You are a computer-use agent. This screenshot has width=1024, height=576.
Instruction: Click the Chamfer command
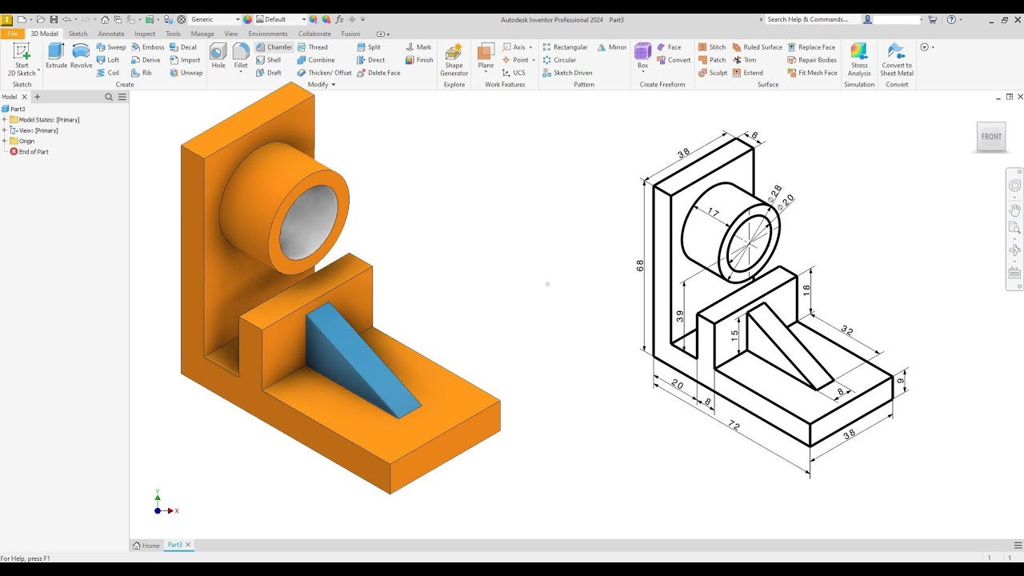pos(274,47)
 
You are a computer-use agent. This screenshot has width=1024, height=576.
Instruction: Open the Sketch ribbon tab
pos(78,34)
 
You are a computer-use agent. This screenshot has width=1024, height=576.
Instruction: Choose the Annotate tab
pos(111,34)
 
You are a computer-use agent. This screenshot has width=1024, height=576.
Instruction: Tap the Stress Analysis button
pos(859,59)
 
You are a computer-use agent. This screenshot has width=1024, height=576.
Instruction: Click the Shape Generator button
pos(454,59)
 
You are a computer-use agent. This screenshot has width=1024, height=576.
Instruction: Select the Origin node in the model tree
pos(26,141)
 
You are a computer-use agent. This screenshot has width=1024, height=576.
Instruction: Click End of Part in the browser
pos(33,151)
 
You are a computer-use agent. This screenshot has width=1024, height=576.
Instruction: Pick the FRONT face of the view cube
pos(991,137)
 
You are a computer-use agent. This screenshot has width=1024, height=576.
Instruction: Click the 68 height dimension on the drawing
pos(640,266)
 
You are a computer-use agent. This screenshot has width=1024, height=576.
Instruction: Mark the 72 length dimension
pos(734,426)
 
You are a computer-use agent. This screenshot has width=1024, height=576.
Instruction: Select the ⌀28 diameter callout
pos(774,193)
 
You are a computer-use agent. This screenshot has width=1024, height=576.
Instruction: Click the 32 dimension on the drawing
pos(846,330)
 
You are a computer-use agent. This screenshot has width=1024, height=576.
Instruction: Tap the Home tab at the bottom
pos(146,546)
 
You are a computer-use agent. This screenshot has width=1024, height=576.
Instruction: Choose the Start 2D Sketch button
pos(22,59)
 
